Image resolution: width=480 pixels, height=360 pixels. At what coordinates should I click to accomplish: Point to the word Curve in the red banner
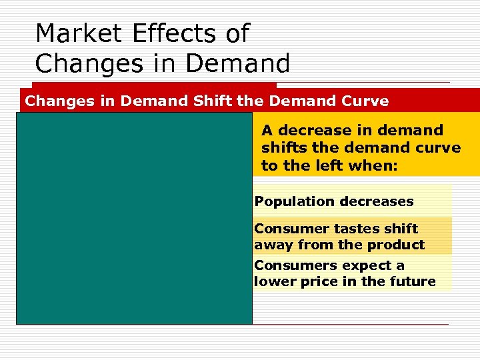[x=363, y=101]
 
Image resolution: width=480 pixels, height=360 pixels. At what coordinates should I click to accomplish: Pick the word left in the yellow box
[x=333, y=165]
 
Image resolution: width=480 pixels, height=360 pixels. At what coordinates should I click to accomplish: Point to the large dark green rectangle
[x=134, y=218]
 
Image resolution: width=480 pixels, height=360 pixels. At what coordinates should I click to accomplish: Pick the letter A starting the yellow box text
[x=267, y=130]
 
